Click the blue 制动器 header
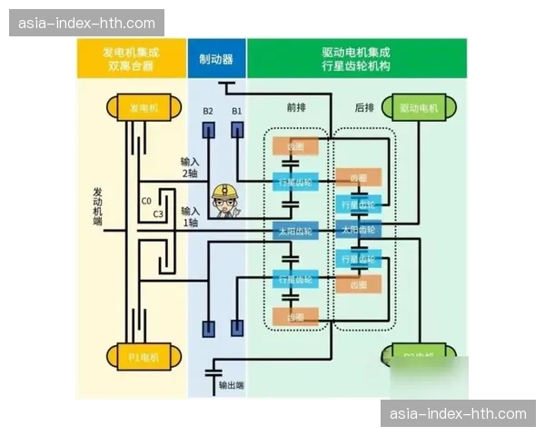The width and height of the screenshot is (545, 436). pos(216,59)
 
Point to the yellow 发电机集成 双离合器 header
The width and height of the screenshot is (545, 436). pos(130,59)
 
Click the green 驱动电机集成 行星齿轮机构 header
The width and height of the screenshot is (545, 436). pos(356,59)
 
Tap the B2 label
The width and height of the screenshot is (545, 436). pos(208,111)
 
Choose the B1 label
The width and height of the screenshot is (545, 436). pos(237,111)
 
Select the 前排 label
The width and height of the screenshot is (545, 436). pos(296,107)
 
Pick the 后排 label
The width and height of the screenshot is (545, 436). pos(364,107)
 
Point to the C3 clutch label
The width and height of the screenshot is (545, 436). pos(157,214)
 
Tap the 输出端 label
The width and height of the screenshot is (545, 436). pos(232,385)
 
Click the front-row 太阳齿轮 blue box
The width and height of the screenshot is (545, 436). pos(293,230)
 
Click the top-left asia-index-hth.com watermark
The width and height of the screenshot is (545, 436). pos(86,23)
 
